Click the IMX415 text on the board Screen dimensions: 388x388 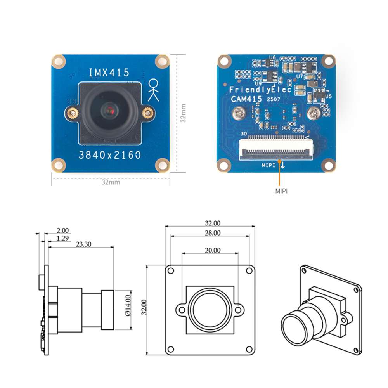tap(109, 73)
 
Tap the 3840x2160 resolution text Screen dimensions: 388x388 tap(109, 155)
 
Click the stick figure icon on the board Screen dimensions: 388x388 tap(154, 90)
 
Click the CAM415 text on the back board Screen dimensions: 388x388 tap(247, 99)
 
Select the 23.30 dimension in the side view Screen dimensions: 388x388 tap(83, 244)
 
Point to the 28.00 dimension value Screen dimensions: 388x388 tap(213, 233)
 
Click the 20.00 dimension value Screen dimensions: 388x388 tap(213, 251)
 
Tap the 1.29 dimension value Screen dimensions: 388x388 tap(62, 237)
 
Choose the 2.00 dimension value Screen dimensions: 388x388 tap(62, 230)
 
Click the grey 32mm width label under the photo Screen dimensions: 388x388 tap(111, 182)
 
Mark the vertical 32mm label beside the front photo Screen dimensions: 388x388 tap(184, 113)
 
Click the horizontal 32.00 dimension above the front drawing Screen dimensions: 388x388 tap(213, 223)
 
